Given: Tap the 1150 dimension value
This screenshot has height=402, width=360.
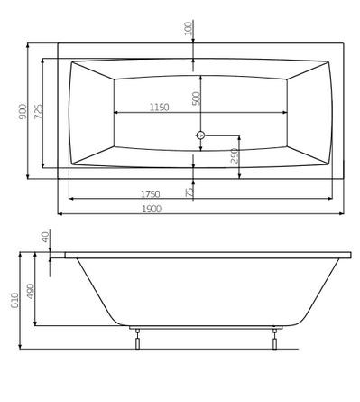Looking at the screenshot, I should [x=158, y=108].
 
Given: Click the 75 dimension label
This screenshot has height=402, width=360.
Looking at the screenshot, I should [x=189, y=192].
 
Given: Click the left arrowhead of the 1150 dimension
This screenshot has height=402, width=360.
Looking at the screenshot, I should [x=115, y=113].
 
